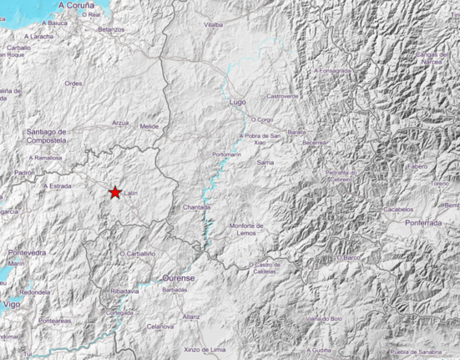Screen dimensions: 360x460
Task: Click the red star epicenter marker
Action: (x=115, y=192)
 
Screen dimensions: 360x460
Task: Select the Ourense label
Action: (x=179, y=277)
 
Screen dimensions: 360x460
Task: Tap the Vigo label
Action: (x=12, y=305)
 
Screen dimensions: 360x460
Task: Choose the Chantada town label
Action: (x=197, y=207)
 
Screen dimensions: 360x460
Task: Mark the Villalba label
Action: (x=214, y=25)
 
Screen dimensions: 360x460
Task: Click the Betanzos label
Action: (x=110, y=29)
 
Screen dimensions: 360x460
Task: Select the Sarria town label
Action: (x=265, y=163)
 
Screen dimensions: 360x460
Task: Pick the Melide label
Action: (x=149, y=126)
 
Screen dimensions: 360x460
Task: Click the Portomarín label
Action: (x=226, y=155)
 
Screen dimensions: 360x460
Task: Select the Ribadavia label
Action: (x=124, y=291)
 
